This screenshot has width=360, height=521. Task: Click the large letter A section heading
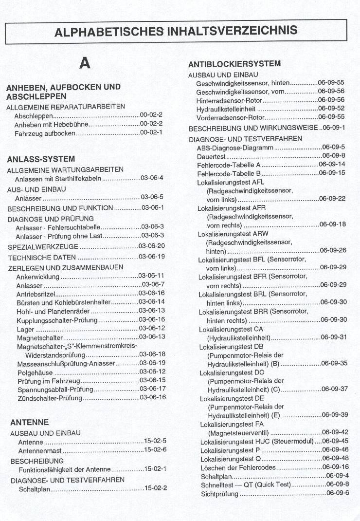click(85, 63)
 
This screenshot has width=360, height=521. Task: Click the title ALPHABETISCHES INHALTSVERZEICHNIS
click(176, 31)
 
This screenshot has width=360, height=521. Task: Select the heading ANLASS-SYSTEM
click(41, 159)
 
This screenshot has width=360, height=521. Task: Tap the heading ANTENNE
click(30, 422)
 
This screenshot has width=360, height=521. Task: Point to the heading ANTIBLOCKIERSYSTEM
click(234, 64)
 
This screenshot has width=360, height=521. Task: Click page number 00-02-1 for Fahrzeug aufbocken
click(151, 132)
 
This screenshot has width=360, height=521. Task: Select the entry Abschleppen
click(33, 116)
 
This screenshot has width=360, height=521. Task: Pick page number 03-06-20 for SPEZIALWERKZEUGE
click(151, 246)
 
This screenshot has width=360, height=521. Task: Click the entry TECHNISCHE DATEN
click(42, 257)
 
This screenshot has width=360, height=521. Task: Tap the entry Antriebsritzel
click(36, 293)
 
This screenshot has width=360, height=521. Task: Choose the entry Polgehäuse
click(34, 371)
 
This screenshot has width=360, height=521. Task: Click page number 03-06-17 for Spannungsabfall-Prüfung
click(152, 389)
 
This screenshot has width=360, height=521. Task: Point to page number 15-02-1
click(156, 469)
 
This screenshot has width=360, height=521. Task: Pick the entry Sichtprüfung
click(219, 494)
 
